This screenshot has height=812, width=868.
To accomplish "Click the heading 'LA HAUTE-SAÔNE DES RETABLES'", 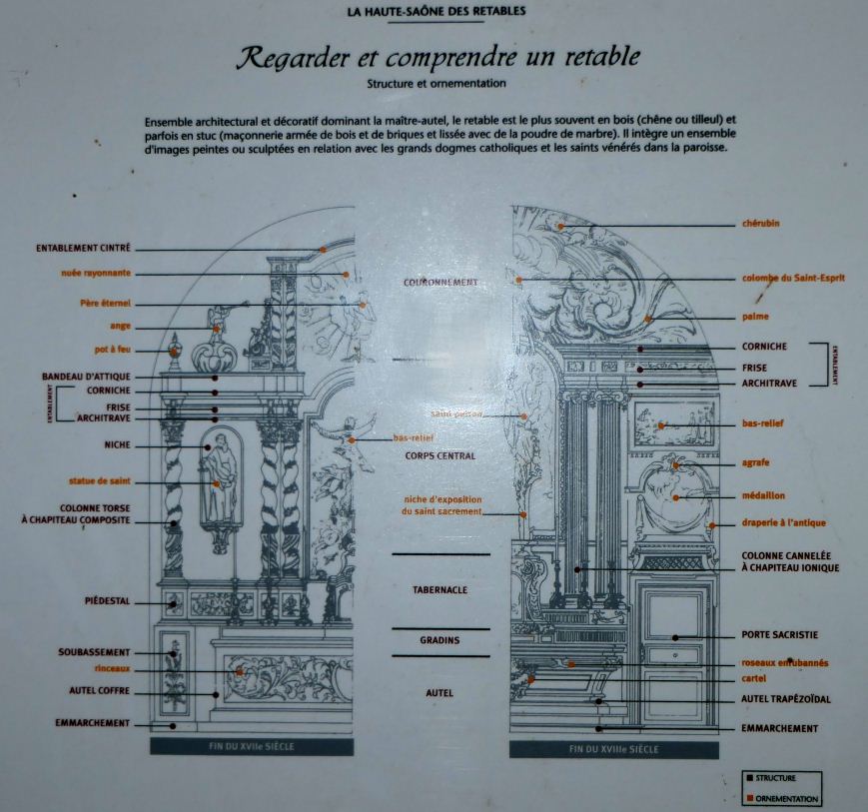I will coord(435,12).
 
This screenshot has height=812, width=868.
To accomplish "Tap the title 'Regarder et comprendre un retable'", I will coord(436,57).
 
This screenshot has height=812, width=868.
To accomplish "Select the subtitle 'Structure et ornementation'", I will coord(436,84).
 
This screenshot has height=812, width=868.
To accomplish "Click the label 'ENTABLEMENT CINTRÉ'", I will coord(83,248).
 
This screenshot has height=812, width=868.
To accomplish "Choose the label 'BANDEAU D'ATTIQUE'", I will coord(86,377).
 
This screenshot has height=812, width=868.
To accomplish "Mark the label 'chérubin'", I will coord(760,224).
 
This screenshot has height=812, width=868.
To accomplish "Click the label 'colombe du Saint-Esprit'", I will coord(793,278).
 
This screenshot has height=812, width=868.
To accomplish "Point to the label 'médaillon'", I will coord(763,495).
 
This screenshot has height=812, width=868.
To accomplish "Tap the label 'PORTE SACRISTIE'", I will coord(779,635).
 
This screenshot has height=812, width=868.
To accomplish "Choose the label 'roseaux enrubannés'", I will coord(784,662).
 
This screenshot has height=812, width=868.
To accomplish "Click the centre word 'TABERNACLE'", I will coord(439,590).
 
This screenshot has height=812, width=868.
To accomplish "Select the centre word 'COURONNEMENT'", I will coord(440,283).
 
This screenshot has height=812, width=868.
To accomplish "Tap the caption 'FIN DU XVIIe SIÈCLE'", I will coord(252,746).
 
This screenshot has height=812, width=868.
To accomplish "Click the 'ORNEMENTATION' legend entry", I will coord(787,798).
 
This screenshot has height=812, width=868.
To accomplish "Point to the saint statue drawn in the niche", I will coord(219,479).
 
